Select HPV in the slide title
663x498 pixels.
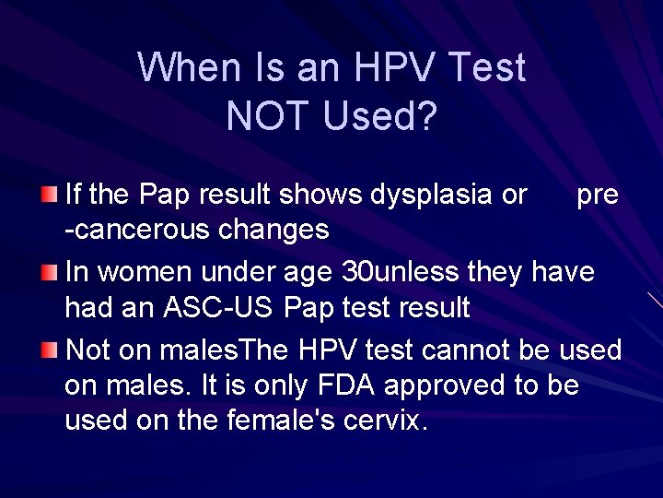(x=388, y=67)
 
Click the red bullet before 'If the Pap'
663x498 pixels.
(x=50, y=194)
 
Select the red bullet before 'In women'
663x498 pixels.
(x=50, y=272)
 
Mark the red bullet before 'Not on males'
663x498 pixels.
(x=50, y=350)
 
